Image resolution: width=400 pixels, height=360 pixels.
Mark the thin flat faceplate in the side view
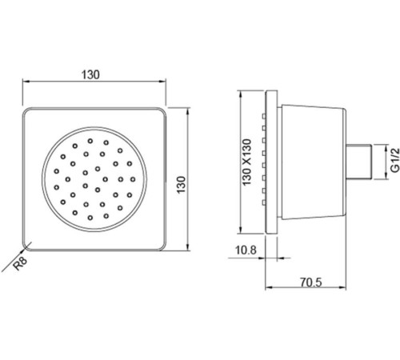272,164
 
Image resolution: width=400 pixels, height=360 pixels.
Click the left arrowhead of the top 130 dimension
24,82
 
